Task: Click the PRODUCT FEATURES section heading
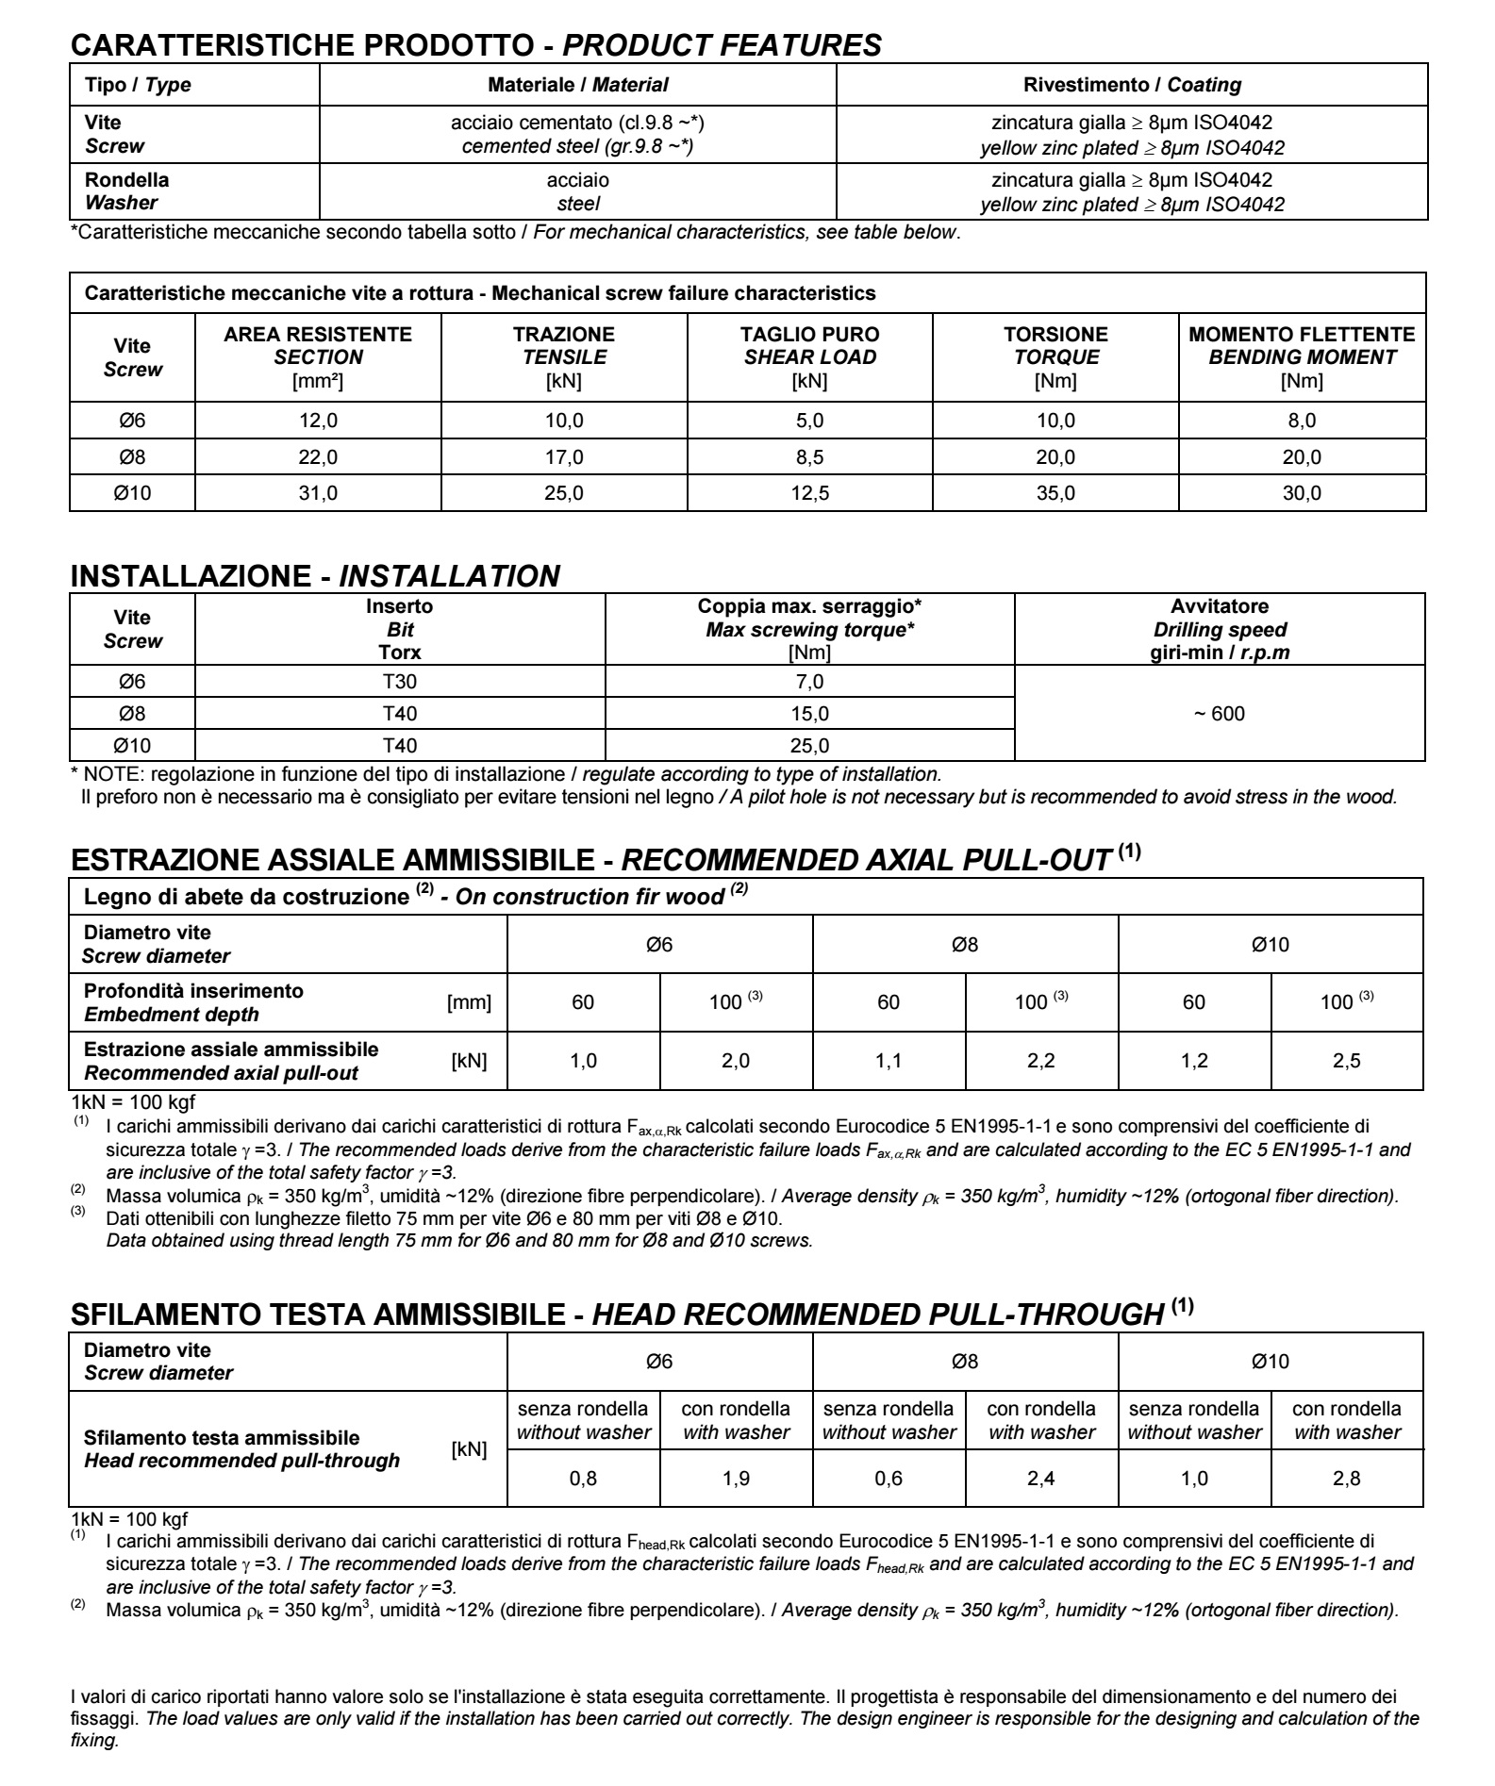476,44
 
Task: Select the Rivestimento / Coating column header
1132,85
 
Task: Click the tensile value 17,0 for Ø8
564,457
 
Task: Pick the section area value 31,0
318,493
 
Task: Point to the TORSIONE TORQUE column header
1055,357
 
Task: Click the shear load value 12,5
809,493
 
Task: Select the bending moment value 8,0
1302,421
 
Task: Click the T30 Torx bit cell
400,682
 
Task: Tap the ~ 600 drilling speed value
1220,714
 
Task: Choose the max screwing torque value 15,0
809,714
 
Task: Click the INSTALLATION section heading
315,575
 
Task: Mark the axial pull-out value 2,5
1346,1061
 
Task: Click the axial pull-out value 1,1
889,1061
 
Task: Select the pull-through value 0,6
889,1479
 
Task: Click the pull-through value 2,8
1346,1479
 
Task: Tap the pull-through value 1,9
736,1479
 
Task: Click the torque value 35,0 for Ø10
1055,493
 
